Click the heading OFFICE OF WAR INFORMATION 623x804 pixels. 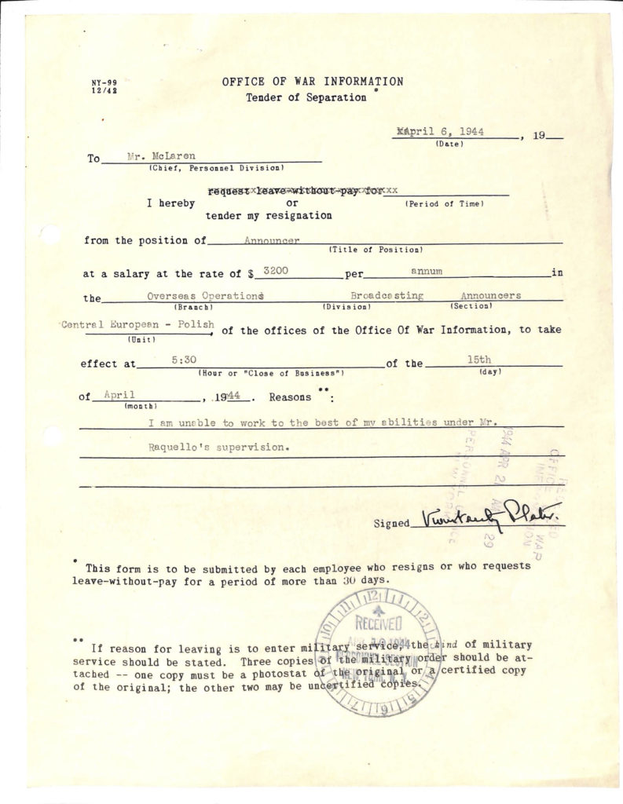(313, 82)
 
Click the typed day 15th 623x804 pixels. (478, 359)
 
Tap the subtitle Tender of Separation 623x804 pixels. (306, 98)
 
